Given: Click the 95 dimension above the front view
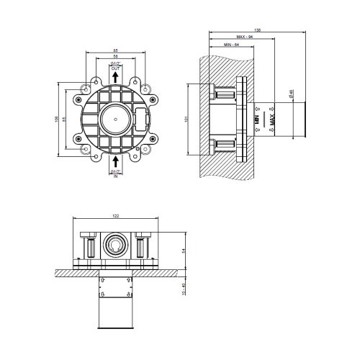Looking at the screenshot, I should point(115,50).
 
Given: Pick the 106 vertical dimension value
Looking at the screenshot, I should point(57,118).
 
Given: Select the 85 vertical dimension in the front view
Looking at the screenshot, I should point(66,118).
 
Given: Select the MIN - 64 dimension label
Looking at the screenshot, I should point(232,46).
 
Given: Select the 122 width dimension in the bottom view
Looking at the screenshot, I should point(115,217).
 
